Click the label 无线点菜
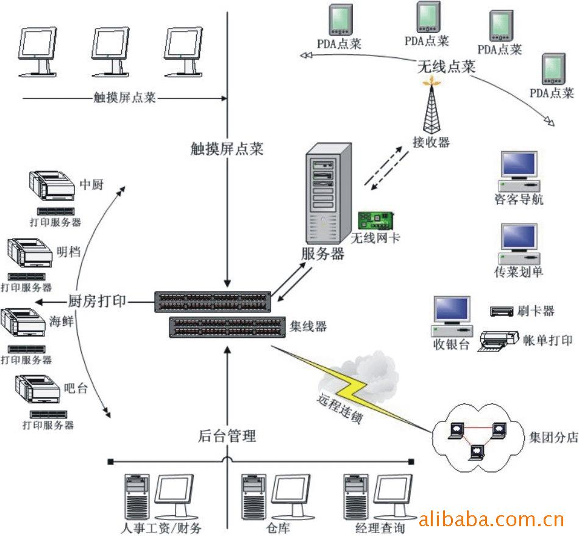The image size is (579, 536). pyautogui.click(x=446, y=66)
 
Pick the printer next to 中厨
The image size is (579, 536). pyautogui.click(x=52, y=185)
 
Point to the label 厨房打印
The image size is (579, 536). pyautogui.click(x=97, y=300)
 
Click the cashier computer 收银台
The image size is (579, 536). pyautogui.click(x=452, y=317)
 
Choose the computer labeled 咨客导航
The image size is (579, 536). pyautogui.click(x=519, y=171)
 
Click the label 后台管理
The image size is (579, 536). pyautogui.click(x=227, y=436)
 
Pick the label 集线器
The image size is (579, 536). pyautogui.click(x=308, y=326)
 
